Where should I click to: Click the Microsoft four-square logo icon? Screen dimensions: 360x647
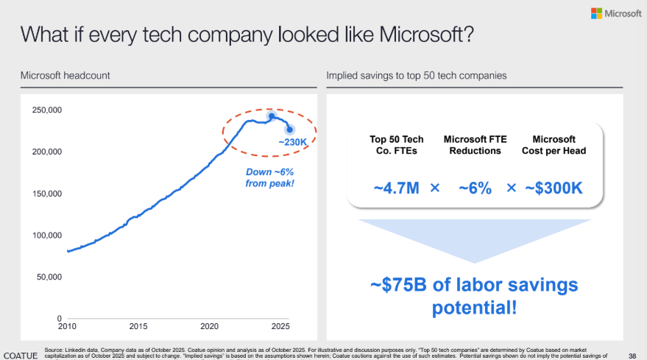[x=595, y=13]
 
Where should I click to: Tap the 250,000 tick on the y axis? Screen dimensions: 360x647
[x=46, y=110]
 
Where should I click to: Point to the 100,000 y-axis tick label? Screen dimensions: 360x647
[x=46, y=236]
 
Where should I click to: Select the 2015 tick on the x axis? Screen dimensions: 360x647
[x=138, y=325]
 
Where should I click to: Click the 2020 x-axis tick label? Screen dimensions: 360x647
[x=210, y=325]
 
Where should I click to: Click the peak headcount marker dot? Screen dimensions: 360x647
[x=272, y=116]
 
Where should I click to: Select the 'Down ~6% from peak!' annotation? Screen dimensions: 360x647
[x=269, y=177]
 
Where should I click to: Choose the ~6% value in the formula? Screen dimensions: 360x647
[x=475, y=188]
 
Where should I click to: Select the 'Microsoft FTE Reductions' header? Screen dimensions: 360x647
[x=475, y=144]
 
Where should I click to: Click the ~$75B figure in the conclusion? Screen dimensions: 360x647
[x=403, y=285]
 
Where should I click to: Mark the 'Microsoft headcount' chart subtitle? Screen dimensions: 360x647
[x=66, y=75]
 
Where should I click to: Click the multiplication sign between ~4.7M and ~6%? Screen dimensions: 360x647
[x=434, y=188]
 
